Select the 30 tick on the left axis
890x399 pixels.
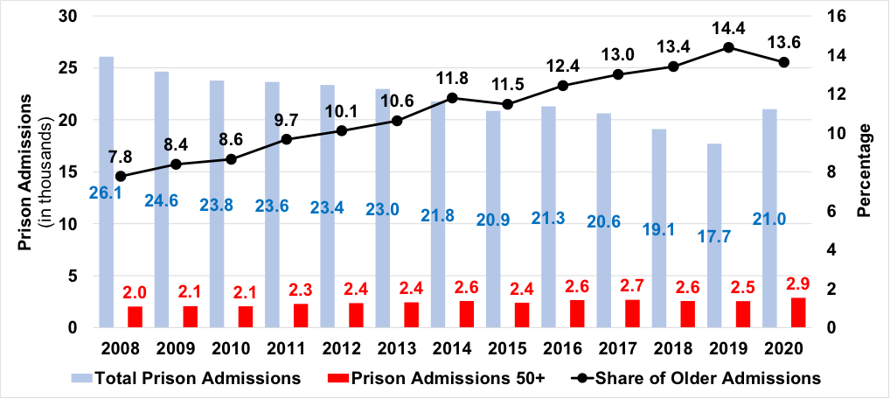[x=68, y=17]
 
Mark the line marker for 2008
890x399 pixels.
[x=120, y=176]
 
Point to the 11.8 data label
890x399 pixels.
[x=452, y=77]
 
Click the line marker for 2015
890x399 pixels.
[x=507, y=104]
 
